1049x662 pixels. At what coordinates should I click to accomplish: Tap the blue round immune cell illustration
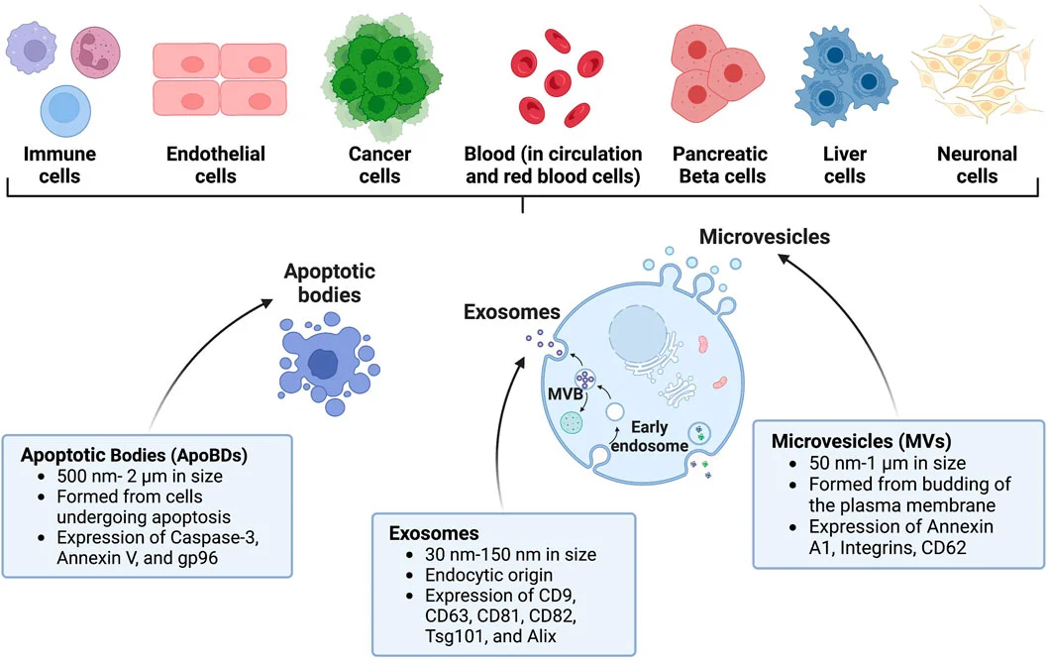pyautogui.click(x=67, y=109)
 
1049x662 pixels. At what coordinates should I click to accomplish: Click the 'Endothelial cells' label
pyautogui.click(x=216, y=165)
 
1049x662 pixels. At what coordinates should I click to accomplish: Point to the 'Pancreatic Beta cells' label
pyautogui.click(x=719, y=165)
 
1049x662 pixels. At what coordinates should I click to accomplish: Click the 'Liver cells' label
pyautogui.click(x=844, y=165)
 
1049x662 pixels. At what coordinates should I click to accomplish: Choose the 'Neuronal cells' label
pyautogui.click(x=977, y=165)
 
